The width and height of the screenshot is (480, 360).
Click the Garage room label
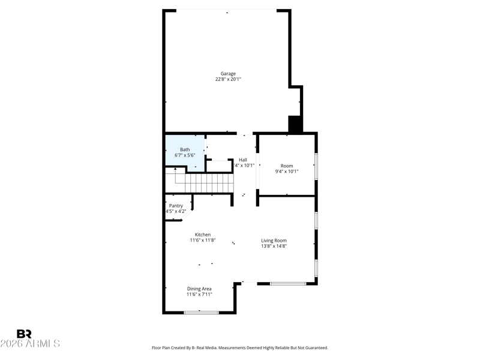[227, 74]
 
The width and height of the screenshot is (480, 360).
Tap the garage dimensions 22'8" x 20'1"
[227, 79]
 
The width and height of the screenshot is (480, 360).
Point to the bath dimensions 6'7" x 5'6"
[185, 155]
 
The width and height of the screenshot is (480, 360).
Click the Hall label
[243, 160]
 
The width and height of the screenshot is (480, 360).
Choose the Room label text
[287, 166]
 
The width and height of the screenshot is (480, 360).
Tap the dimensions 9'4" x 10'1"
[287, 171]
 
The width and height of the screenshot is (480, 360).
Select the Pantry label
[176, 206]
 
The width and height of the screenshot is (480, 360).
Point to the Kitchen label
[202, 235]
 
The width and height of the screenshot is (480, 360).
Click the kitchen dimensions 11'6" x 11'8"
[202, 240]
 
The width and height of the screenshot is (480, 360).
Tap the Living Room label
[274, 241]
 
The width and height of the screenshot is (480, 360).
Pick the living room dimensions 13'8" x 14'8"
[274, 246]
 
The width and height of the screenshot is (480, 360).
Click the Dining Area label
[199, 289]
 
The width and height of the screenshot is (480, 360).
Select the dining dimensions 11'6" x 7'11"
[199, 294]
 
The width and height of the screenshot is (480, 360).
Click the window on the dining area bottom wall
[201, 312]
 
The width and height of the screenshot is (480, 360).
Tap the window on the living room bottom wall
[288, 283]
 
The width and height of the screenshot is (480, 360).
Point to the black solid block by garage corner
[295, 124]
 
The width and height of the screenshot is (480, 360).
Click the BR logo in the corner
[24, 334]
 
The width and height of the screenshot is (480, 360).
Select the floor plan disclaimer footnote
[240, 347]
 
